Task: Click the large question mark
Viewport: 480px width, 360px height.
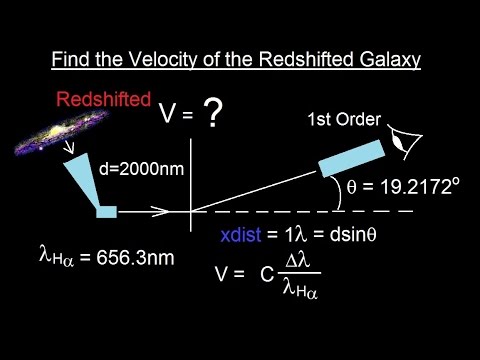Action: [x=213, y=117]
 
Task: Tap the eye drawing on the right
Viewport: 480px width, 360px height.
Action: [x=405, y=143]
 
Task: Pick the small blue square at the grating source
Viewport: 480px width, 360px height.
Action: [x=106, y=211]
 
